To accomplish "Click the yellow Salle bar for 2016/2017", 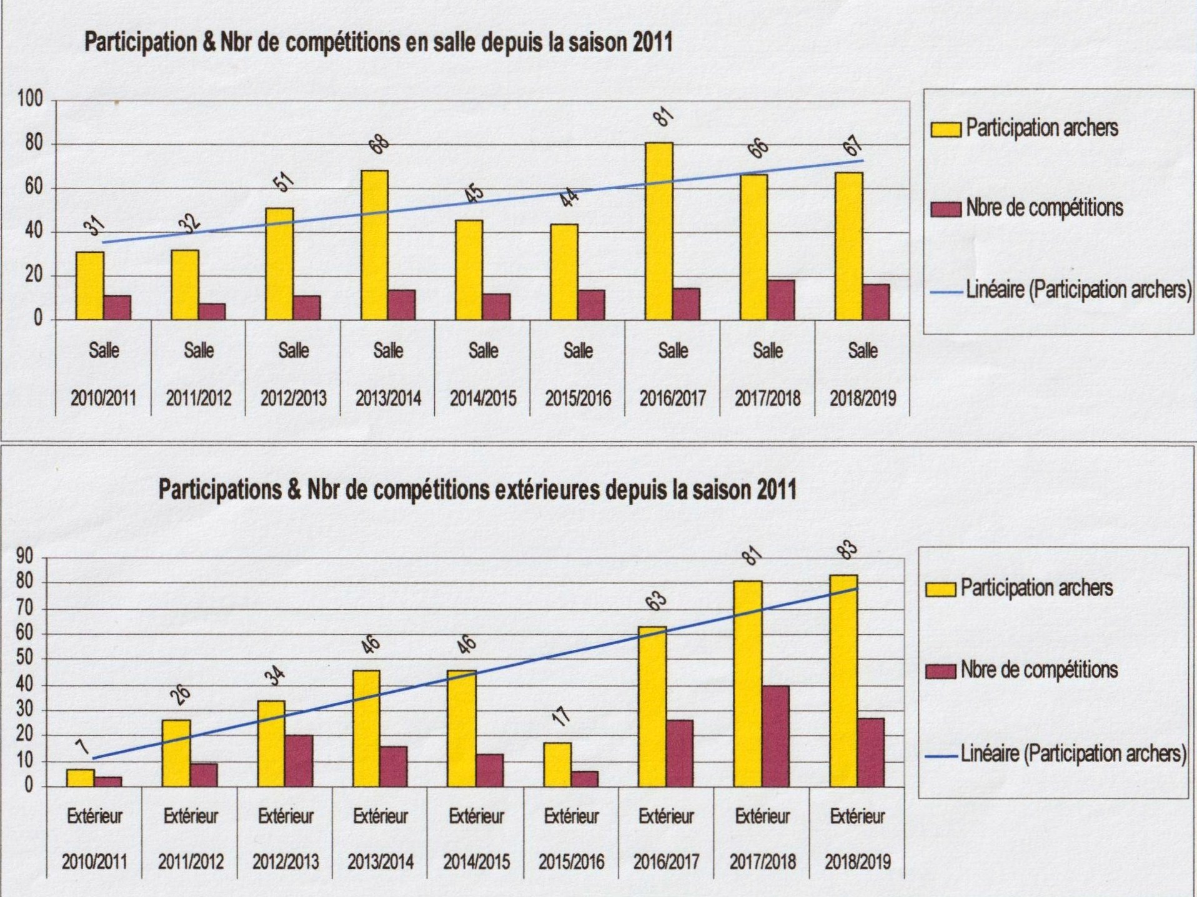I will click(x=659, y=231).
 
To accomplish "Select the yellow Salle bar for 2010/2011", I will click(x=90, y=285).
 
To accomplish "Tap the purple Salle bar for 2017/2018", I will click(x=781, y=300).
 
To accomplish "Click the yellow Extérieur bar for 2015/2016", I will click(x=557, y=764).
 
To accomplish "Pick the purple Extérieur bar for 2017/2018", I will click(x=775, y=736).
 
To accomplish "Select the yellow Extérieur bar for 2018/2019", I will click(x=843, y=680).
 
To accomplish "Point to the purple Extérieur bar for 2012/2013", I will click(x=299, y=760).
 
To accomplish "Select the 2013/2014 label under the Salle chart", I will click(x=388, y=398).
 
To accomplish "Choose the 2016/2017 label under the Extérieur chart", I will click(x=666, y=862).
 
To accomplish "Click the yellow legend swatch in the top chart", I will click(x=945, y=129).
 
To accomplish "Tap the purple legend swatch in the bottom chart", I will click(x=940, y=672).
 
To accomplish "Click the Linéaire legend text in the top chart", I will click(x=1078, y=290).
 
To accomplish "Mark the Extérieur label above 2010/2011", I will click(x=95, y=816).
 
